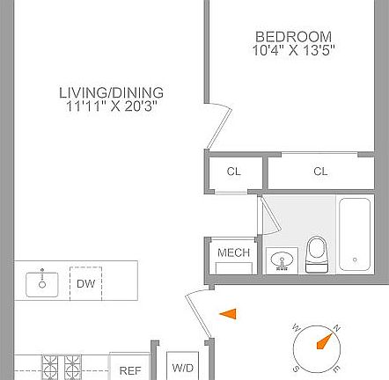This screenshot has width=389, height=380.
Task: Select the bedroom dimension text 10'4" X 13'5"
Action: click(x=294, y=50)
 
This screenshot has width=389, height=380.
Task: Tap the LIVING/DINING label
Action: click(x=112, y=92)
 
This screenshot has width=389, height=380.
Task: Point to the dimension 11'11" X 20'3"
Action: click(x=112, y=106)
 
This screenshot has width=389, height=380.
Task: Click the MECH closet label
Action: click(x=233, y=253)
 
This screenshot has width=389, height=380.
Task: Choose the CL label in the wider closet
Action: click(x=319, y=172)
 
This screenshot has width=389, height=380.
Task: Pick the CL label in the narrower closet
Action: click(x=233, y=172)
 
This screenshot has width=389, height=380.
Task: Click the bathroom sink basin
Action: click(x=283, y=260)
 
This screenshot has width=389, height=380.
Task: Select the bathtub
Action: click(x=356, y=234)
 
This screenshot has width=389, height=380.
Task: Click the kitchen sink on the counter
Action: click(x=40, y=283)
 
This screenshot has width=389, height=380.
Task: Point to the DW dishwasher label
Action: click(x=85, y=283)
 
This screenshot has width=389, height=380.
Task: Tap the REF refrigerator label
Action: click(x=129, y=371)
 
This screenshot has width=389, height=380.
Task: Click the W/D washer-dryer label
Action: click(x=183, y=368)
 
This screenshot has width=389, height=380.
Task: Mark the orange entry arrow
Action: click(x=229, y=313)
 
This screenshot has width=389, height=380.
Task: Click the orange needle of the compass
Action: click(x=327, y=338)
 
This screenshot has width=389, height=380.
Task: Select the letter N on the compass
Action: click(x=337, y=327)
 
